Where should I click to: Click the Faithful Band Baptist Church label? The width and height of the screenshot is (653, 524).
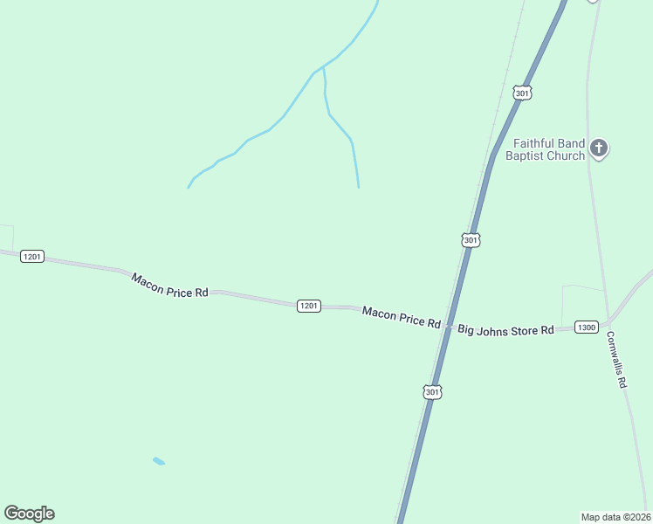[548, 149]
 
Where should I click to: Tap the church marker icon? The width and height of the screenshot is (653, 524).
[599, 148]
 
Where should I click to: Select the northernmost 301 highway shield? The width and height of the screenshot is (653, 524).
[522, 93]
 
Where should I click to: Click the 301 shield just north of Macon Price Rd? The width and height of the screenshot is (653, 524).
[471, 240]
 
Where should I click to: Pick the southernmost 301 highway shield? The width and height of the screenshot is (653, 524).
[433, 393]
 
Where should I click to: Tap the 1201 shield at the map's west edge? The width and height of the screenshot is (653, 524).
[32, 257]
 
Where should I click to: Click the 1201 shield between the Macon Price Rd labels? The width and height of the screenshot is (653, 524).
[309, 306]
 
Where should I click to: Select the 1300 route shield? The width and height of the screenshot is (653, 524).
[587, 327]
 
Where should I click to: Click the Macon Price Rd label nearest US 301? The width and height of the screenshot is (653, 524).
[402, 317]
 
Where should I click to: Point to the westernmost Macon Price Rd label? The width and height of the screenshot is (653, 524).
[169, 286]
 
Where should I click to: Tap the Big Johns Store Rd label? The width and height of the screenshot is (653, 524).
[506, 330]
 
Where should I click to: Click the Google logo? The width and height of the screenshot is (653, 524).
[29, 514]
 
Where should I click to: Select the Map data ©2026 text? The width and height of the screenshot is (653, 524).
[615, 516]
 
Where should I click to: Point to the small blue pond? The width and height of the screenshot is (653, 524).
[158, 460]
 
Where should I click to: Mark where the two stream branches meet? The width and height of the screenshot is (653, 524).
[324, 66]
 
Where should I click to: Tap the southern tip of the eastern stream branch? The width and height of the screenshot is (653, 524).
[358, 187]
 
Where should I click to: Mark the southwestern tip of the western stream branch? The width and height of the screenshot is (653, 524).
[189, 187]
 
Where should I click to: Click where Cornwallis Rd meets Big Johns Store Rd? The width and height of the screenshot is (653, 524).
[604, 324]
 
